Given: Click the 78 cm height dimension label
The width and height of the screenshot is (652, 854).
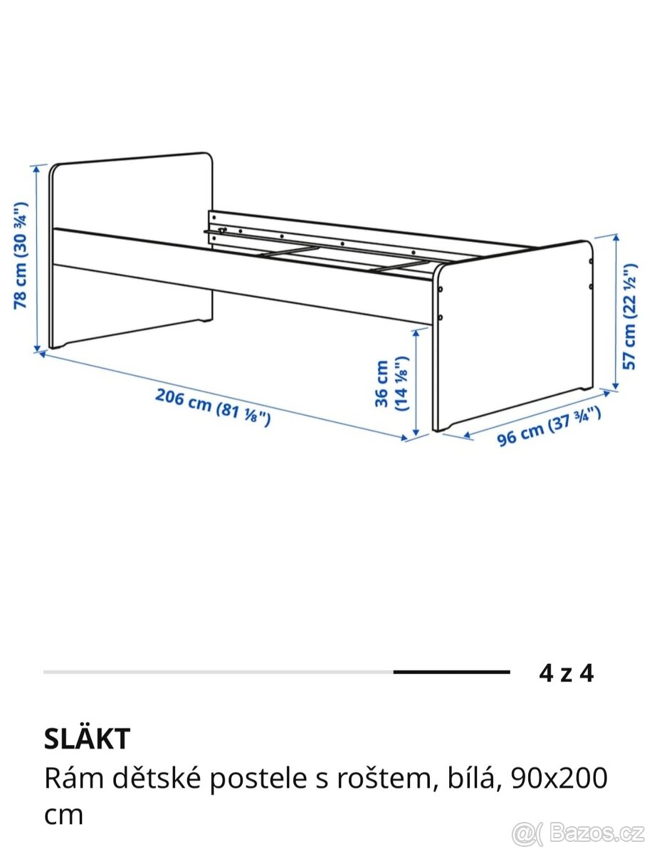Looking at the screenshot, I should (x=21, y=256).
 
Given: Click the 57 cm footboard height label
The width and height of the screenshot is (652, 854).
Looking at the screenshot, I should (x=629, y=316).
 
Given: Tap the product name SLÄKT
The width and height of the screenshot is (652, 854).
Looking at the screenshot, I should (x=87, y=739).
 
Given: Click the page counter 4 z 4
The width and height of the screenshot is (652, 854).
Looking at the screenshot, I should (x=566, y=673).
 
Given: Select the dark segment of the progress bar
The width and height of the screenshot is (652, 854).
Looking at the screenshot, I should (x=451, y=672).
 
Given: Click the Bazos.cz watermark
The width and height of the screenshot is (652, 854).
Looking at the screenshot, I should (x=578, y=831).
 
